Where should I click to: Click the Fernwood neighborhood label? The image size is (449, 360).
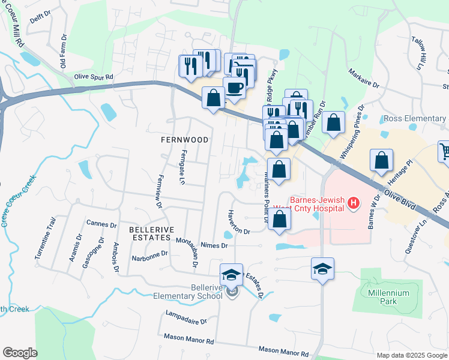(x=184, y=140)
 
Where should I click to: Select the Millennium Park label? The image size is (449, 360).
(x=389, y=297)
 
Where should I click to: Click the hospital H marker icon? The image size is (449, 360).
(x=354, y=204)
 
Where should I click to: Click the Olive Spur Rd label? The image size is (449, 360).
(x=94, y=77)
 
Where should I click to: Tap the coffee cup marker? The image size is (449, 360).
(x=234, y=88)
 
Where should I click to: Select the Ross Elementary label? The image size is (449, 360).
(x=415, y=119)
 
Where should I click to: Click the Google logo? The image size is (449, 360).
(x=20, y=353)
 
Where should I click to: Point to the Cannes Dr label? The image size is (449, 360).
(x=101, y=224)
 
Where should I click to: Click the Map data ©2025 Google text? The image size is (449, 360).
(x=411, y=355)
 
